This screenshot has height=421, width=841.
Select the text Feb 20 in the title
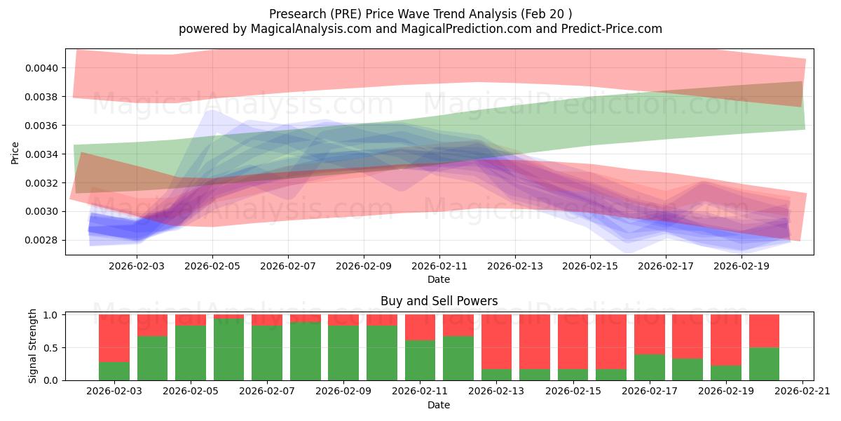pos(553,13)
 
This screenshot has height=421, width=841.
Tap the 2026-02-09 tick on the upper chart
pos(364,267)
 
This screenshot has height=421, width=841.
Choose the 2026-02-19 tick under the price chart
pos(741,267)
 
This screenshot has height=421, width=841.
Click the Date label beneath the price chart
pos(439,279)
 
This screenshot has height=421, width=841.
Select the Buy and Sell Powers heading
pos(439,301)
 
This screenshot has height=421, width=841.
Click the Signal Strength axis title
pos(33,346)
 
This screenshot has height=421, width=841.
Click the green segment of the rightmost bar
pos(764,363)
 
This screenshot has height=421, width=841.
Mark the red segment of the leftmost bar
pos(114,338)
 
